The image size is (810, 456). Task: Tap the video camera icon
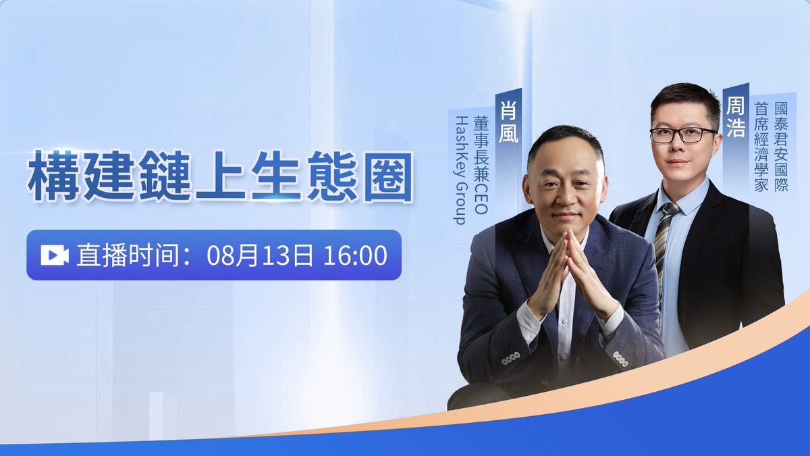coord(55,255)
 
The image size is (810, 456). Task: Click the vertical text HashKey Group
coord(462,169)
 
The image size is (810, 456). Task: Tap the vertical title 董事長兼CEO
coord(481,166)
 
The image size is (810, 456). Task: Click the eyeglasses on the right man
coord(682,134)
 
